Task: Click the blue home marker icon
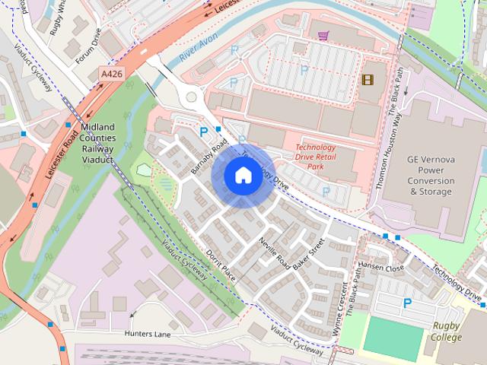click(242, 176)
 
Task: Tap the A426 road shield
click(111, 75)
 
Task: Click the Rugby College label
click(447, 332)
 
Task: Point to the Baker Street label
click(312, 255)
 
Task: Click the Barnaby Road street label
click(210, 156)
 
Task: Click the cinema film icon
click(368, 78)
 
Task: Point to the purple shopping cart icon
click(323, 34)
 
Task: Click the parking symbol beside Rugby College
click(407, 303)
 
